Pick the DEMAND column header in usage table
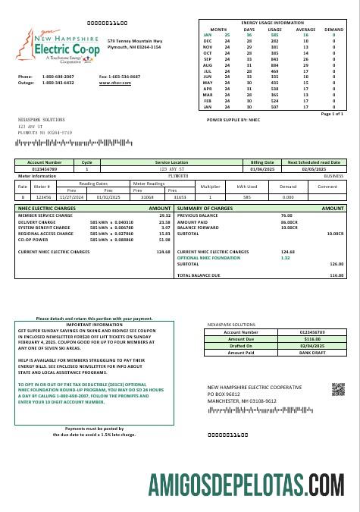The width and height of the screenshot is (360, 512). click(x=333, y=29)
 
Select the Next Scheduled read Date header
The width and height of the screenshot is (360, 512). click(x=313, y=162)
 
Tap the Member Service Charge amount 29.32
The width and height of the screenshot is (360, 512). click(x=164, y=215)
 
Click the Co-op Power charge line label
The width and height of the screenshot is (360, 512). click(x=33, y=239)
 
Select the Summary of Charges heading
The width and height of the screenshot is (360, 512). click(x=205, y=208)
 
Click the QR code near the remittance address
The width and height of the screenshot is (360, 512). click(x=338, y=390)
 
